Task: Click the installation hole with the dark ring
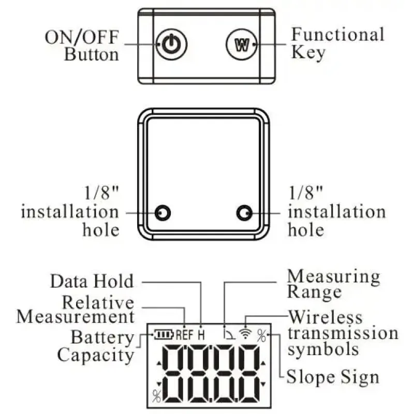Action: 164,213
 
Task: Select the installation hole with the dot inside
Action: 244,213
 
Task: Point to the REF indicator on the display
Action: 185,335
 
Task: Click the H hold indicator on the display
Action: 201,335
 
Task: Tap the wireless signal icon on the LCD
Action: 246,334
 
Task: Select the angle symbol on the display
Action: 228,334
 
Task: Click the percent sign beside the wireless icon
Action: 262,335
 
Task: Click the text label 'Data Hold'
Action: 92,282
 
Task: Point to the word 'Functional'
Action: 337,35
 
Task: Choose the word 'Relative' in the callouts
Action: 98,302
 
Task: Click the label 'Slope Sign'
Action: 333,376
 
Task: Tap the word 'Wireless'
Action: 326,317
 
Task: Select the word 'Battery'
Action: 102,338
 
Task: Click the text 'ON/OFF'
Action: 81,37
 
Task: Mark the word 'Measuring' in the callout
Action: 334,276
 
